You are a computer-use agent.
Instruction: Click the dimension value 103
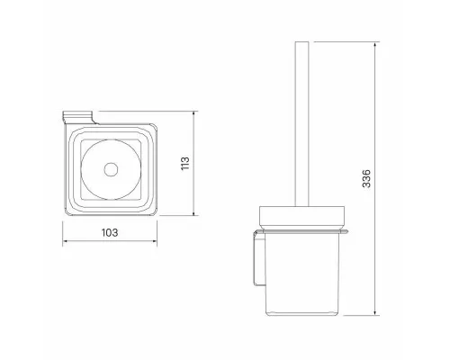[110, 232]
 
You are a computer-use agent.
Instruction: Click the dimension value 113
[185, 163]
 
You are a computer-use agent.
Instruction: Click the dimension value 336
[366, 178]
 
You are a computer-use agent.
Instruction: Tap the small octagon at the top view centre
[111, 169]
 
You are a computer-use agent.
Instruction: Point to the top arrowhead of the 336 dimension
[375, 45]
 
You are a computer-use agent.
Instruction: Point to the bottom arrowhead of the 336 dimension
[375, 312]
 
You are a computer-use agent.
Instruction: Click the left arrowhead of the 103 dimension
[65, 241]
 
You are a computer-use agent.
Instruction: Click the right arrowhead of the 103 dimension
[154, 241]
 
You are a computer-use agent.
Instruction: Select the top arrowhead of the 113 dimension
[194, 114]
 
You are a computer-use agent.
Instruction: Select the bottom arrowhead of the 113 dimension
[194, 212]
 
